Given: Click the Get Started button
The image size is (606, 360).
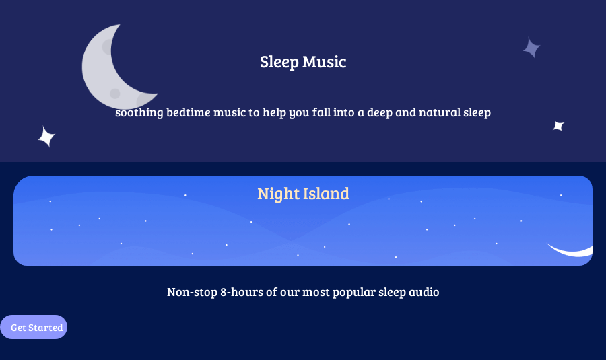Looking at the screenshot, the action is [34, 327].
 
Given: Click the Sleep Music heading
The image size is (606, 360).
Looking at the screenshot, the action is [303, 62].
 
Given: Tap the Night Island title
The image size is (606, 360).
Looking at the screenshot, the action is [304, 194].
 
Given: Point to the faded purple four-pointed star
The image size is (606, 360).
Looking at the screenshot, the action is [532, 48].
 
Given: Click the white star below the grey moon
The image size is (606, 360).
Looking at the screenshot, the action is [46, 137].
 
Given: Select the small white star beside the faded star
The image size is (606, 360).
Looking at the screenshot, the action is [559, 126].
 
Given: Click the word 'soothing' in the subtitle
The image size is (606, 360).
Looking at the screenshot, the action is [139, 112].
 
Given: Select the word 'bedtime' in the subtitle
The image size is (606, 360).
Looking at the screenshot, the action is [189, 112].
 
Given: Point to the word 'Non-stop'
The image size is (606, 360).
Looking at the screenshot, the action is [192, 292].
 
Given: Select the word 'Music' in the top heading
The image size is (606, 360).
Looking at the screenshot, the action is [325, 62].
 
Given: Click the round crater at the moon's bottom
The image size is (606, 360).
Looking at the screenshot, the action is [114, 93].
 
